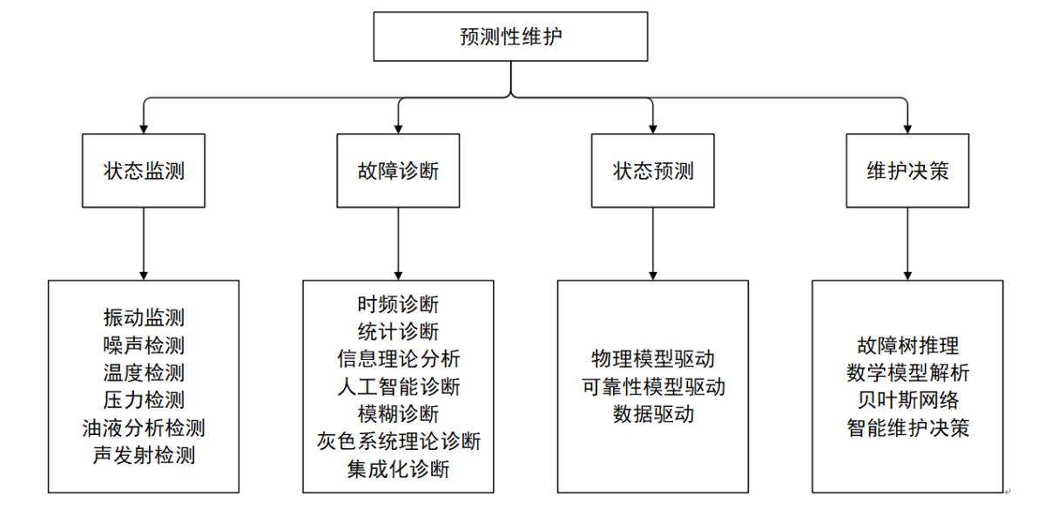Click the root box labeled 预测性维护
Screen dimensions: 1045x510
tap(510, 37)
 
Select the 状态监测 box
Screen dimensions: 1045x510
tap(144, 171)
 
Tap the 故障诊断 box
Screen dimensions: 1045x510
tap(398, 171)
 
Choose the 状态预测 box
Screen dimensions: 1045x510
tap(652, 171)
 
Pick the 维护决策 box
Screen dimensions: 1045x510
tap(907, 171)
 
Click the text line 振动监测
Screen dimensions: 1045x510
tap(144, 317)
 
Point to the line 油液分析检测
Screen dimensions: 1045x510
tap(144, 428)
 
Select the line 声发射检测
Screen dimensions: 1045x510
tap(144, 455)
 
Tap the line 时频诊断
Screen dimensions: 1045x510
tap(398, 304)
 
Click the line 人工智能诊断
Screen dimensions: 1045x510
tap(398, 387)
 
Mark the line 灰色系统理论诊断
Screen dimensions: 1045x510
tap(398, 441)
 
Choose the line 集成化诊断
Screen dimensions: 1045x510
tap(398, 469)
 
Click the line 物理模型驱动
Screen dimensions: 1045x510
tap(652, 359)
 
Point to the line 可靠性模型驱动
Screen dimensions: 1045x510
tap(652, 387)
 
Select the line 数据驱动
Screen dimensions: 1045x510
tap(652, 414)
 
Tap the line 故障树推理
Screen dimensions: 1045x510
tap(907, 345)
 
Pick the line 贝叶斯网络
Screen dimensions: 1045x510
tap(907, 400)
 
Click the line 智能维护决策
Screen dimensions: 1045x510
tap(907, 428)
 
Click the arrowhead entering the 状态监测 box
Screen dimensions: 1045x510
tap(144, 129)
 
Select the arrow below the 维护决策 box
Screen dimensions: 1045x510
tap(907, 244)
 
